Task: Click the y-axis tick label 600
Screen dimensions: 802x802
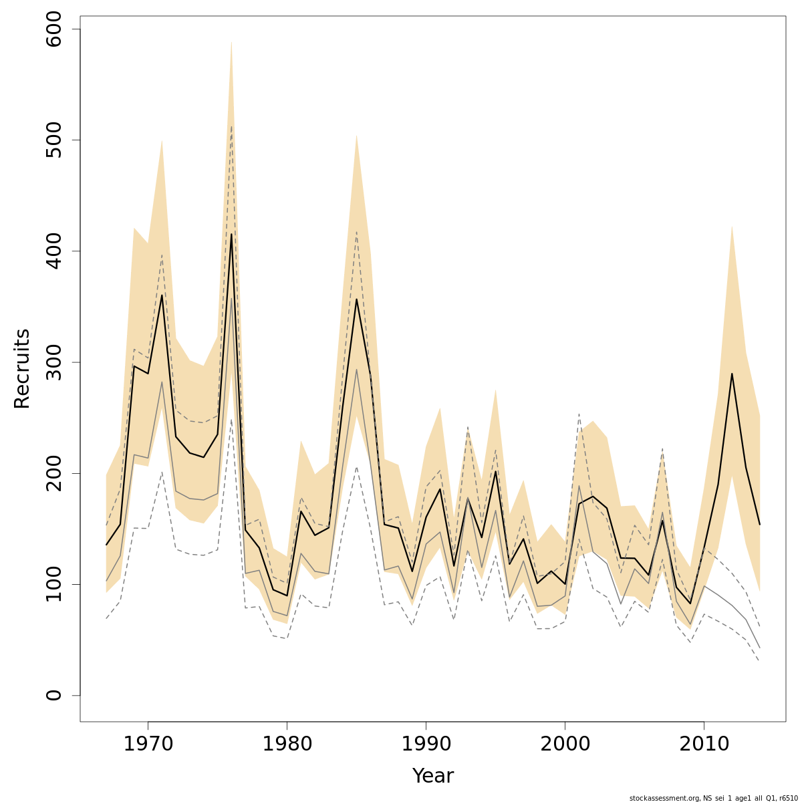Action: click(54, 29)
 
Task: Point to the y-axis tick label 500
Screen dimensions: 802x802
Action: click(54, 140)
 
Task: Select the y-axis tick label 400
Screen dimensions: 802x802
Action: click(54, 251)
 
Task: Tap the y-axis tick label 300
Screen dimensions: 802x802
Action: click(54, 362)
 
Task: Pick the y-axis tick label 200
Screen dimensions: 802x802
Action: click(54, 473)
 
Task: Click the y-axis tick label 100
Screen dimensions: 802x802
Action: click(54, 584)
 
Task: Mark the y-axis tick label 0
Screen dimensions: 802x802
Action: click(54, 695)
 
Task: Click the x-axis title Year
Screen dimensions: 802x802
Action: click(432, 776)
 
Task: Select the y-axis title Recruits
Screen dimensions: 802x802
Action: click(22, 368)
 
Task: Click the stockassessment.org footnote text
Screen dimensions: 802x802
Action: click(713, 798)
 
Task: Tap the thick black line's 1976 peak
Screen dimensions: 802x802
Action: click(231, 234)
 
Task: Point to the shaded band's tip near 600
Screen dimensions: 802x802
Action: click(231, 42)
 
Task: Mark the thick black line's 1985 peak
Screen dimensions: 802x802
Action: click(356, 299)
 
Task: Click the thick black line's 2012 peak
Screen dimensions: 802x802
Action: click(732, 374)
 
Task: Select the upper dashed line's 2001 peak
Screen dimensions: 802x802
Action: click(579, 414)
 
